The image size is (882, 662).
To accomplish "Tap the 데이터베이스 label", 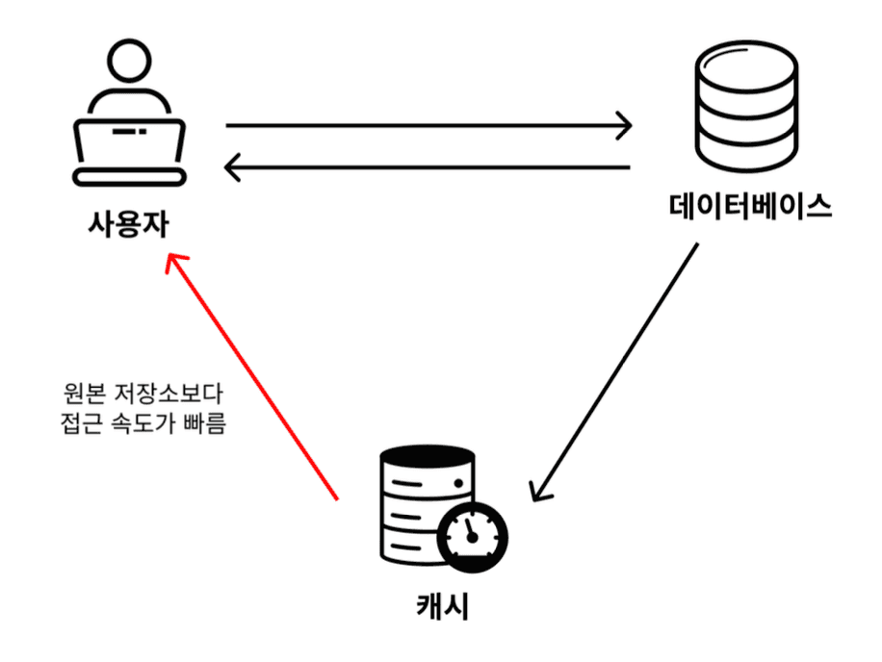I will pyautogui.click(x=750, y=205).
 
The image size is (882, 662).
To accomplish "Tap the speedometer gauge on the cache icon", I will pyautogui.click(x=472, y=533).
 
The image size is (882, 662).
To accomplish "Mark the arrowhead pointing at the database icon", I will pyautogui.click(x=624, y=125).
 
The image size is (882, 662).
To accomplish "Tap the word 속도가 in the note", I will pyautogui.click(x=144, y=423).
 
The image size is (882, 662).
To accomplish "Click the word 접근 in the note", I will pyautogui.click(x=79, y=423).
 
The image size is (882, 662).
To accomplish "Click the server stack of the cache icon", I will pyautogui.click(x=414, y=500).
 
